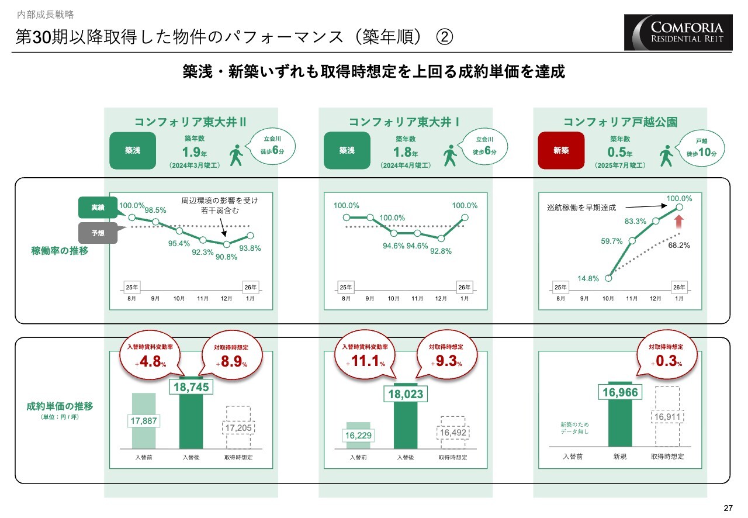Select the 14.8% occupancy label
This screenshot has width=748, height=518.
click(x=588, y=278)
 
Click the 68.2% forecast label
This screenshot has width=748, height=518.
click(x=678, y=246)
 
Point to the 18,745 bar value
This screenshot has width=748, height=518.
click(x=191, y=386)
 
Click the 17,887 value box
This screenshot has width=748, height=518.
click(x=143, y=421)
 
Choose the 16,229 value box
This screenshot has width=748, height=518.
click(x=358, y=436)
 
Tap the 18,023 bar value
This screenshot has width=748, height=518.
click(x=405, y=394)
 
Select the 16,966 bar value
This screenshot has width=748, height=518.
click(x=619, y=392)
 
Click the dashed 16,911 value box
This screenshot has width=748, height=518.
click(x=667, y=417)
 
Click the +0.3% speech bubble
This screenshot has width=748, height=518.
click(x=666, y=358)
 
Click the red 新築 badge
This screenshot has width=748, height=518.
click(x=561, y=150)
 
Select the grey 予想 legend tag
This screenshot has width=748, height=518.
click(x=98, y=233)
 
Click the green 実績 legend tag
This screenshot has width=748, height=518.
click(x=98, y=208)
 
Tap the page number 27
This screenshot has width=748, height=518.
click(x=727, y=507)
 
